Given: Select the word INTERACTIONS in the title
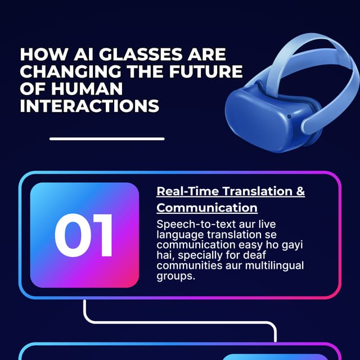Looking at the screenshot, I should pos(89,106).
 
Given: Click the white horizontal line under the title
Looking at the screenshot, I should pos(107,138).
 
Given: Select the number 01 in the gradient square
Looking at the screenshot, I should pos(84,235).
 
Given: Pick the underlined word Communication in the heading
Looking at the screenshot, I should pos(207,208).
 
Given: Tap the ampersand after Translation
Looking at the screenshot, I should pos(300,191).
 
